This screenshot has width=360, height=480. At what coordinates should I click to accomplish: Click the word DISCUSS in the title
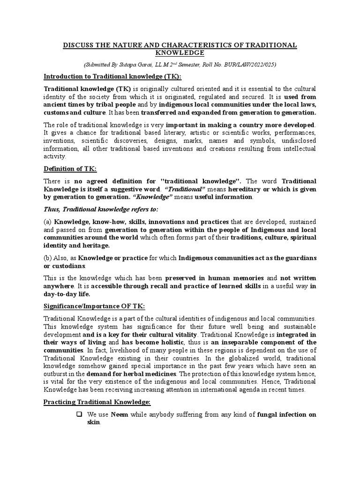point(80,45)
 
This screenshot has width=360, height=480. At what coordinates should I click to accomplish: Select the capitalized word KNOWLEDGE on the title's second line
point(180,53)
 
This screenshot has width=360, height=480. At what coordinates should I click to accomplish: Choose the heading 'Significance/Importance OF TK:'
point(94,306)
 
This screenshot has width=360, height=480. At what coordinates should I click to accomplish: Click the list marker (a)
point(48,221)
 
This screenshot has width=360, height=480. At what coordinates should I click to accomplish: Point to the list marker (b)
point(48,258)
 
